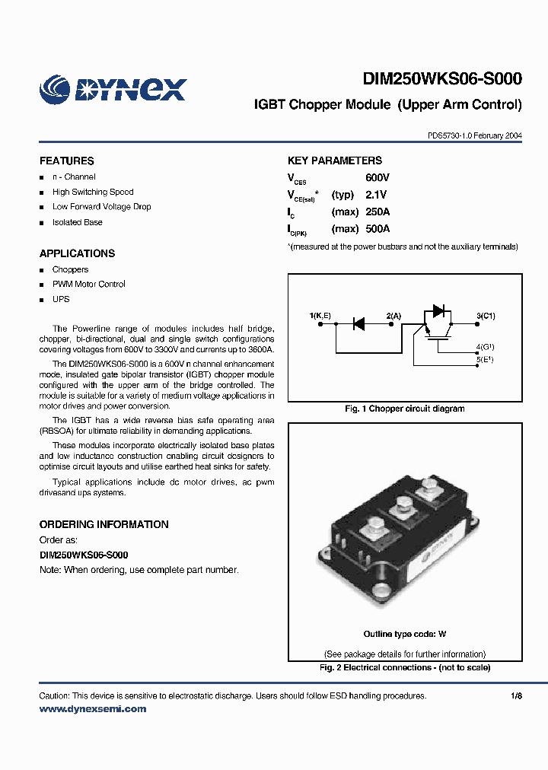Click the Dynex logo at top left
point(113,88)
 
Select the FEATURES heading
point(67,161)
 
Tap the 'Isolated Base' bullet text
point(77,222)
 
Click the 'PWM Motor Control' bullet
point(88,285)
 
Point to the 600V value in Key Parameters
point(378,178)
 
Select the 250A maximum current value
point(378,212)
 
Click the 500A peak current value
point(378,229)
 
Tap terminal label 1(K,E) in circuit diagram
point(320,315)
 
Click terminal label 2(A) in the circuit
point(393,315)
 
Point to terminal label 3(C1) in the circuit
point(486,315)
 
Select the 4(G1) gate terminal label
point(485,347)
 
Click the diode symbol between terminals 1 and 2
point(358,324)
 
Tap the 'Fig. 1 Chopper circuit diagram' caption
point(404,409)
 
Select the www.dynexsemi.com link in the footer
point(92,709)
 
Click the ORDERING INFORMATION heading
point(104,525)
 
